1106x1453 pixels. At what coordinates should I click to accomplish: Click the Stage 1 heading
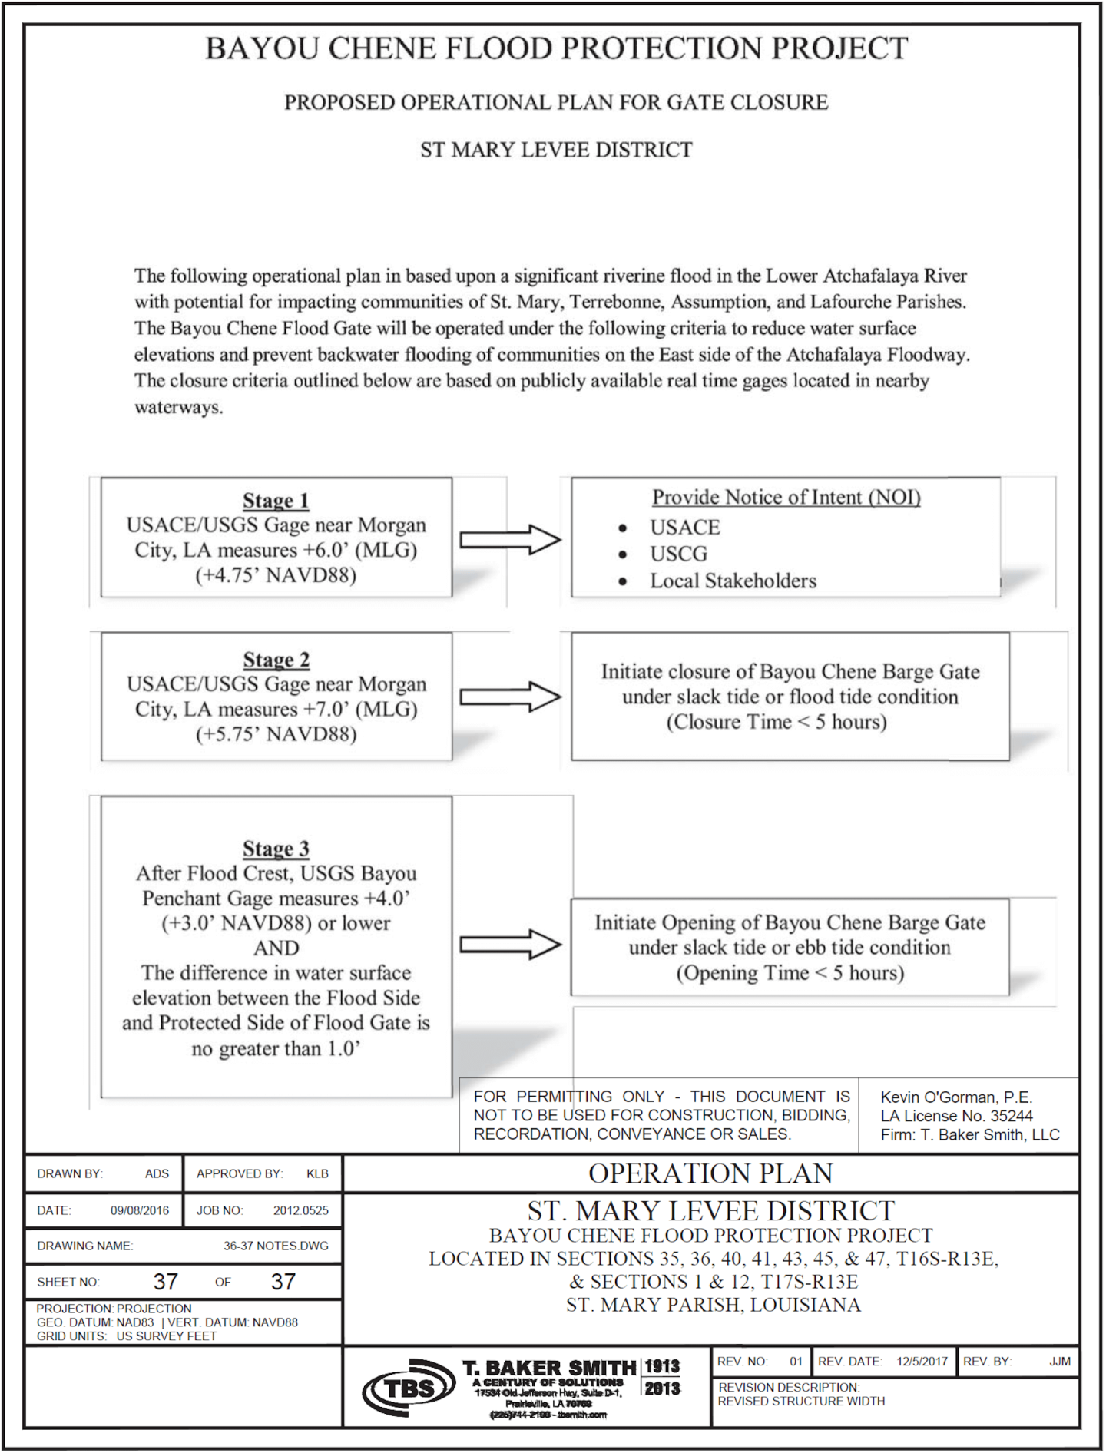click(x=276, y=501)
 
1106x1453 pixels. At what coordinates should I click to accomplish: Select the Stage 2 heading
click(x=276, y=660)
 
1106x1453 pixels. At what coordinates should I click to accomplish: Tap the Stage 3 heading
click(x=276, y=849)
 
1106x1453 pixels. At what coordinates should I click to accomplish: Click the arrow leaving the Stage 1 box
click(x=510, y=540)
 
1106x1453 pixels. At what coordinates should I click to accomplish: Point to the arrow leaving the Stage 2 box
click(x=510, y=697)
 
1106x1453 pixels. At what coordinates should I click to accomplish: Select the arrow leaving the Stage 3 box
click(x=510, y=945)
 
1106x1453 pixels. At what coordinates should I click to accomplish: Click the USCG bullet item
click(x=678, y=554)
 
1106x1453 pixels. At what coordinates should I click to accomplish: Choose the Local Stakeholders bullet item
click(x=733, y=581)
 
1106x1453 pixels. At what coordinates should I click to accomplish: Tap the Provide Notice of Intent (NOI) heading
click(x=786, y=497)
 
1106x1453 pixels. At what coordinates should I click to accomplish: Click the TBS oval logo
click(x=409, y=1388)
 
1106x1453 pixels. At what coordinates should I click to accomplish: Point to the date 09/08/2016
click(x=139, y=1210)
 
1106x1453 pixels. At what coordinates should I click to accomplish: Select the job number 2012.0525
click(x=300, y=1210)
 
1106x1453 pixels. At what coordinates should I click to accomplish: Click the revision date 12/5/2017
click(x=922, y=1362)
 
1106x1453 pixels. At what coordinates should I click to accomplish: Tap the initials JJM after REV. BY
click(x=1060, y=1362)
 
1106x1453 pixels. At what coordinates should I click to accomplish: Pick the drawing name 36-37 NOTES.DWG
click(x=276, y=1246)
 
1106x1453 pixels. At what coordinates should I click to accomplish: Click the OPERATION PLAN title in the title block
click(x=710, y=1173)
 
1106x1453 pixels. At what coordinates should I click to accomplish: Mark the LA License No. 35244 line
click(x=956, y=1116)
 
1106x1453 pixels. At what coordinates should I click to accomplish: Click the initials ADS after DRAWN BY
click(x=157, y=1173)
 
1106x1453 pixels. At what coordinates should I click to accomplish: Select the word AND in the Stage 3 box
click(x=276, y=948)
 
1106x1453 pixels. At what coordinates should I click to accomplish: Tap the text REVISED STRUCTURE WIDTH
click(x=801, y=1402)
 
